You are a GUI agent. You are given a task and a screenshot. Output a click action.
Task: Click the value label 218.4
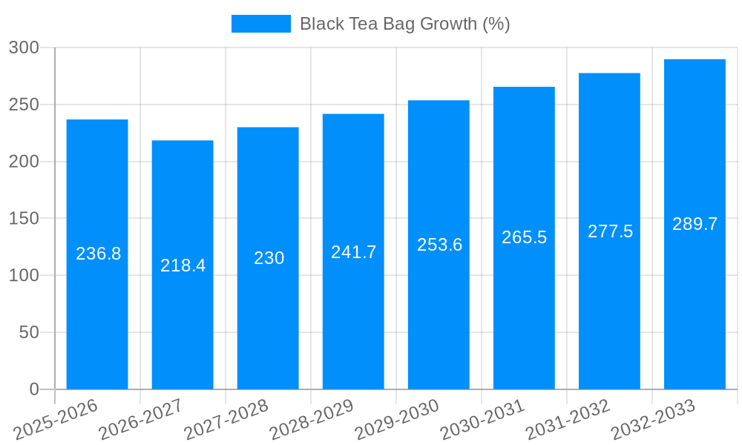pyautogui.click(x=183, y=266)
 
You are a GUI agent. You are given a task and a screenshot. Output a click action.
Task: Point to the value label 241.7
pyautogui.click(x=353, y=252)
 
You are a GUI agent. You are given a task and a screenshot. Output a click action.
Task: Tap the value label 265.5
pyautogui.click(x=524, y=237)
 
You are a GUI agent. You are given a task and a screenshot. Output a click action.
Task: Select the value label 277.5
pyautogui.click(x=610, y=231)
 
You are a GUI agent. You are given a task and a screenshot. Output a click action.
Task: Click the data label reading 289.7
pyautogui.click(x=695, y=224)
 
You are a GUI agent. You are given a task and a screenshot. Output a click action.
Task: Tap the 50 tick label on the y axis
pyautogui.click(x=29, y=332)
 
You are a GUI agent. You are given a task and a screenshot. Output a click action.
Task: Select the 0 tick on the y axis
pyautogui.click(x=34, y=389)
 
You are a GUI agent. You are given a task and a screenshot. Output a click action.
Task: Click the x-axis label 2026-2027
pyautogui.click(x=141, y=419)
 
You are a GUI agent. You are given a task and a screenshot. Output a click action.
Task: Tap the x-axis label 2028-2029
pyautogui.click(x=312, y=419)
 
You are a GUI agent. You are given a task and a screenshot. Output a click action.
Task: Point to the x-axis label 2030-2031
pyautogui.click(x=482, y=419)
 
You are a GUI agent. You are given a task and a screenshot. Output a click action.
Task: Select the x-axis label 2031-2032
pyautogui.click(x=568, y=419)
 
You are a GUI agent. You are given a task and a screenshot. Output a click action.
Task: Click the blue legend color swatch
pyautogui.click(x=261, y=24)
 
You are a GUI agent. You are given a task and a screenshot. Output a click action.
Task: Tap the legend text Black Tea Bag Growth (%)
pyautogui.click(x=404, y=24)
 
